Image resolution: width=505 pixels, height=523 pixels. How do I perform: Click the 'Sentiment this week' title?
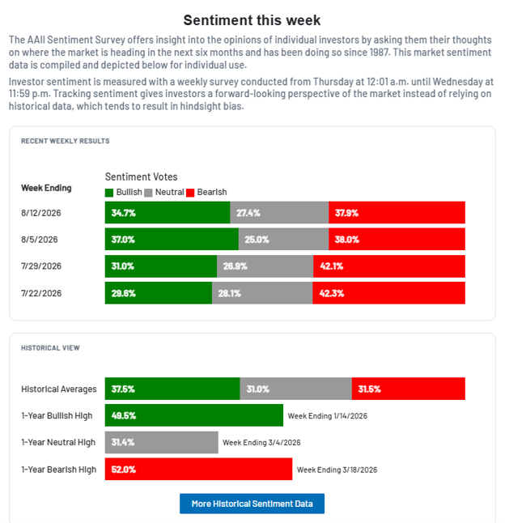coord(252,20)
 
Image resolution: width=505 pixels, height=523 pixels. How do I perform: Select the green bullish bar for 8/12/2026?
coord(168,212)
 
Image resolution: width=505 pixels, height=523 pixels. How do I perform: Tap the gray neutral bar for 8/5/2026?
coord(284,239)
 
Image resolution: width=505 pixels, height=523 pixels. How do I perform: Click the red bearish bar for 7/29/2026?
coord(389,266)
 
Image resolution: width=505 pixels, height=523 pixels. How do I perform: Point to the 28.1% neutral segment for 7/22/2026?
coord(262,293)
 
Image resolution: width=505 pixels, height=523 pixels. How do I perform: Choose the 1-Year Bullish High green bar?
coord(194,415)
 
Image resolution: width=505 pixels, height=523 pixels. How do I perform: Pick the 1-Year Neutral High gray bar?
coord(162,442)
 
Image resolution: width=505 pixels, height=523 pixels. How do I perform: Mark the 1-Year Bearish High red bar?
coord(198,469)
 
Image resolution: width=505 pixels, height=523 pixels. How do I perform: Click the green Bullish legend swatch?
coord(109,193)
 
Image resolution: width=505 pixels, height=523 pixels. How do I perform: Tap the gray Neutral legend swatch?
coord(148,193)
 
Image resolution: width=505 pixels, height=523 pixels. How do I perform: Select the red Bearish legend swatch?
coord(190,193)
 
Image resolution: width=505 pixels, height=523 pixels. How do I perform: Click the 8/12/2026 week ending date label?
coord(41,213)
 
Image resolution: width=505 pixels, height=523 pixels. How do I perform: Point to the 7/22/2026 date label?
coord(41,293)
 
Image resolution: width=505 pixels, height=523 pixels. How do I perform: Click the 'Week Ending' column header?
coord(46,188)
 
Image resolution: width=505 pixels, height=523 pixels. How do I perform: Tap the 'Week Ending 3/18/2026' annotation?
coord(337,470)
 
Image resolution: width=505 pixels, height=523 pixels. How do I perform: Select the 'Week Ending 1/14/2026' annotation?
coord(327,416)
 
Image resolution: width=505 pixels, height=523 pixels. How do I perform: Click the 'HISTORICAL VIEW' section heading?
coord(50,348)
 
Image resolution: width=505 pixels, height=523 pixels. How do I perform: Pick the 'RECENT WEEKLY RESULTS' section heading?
coord(66,141)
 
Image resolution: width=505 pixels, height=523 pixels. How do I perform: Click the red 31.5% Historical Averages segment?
coord(409,389)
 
